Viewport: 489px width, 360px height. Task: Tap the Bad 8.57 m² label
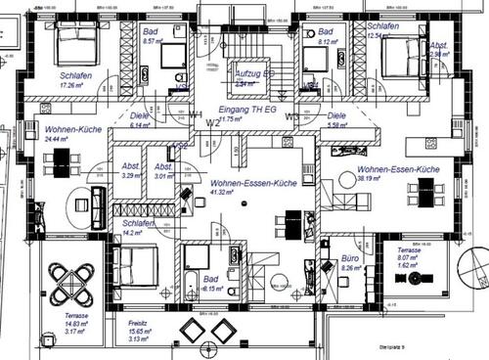click(x=152, y=37)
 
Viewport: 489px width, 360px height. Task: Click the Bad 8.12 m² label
click(x=328, y=37)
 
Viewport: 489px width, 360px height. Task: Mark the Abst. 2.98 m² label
click(x=440, y=50)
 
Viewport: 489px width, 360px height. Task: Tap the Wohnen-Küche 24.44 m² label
click(x=67, y=134)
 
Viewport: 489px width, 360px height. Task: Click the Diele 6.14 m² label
click(x=140, y=120)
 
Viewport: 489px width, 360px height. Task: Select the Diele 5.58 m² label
click(x=337, y=120)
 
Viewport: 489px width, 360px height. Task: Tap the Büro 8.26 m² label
click(x=350, y=260)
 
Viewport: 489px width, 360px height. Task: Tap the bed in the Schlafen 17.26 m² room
click(x=75, y=44)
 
